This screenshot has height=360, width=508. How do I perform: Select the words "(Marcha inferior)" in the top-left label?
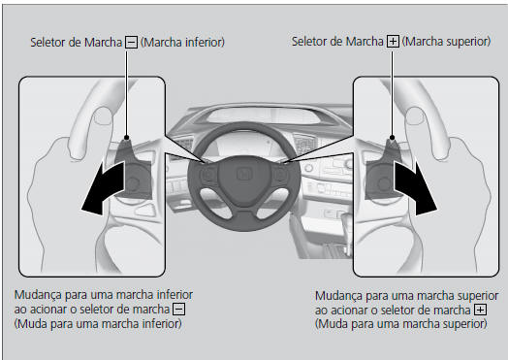click(183, 42)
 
